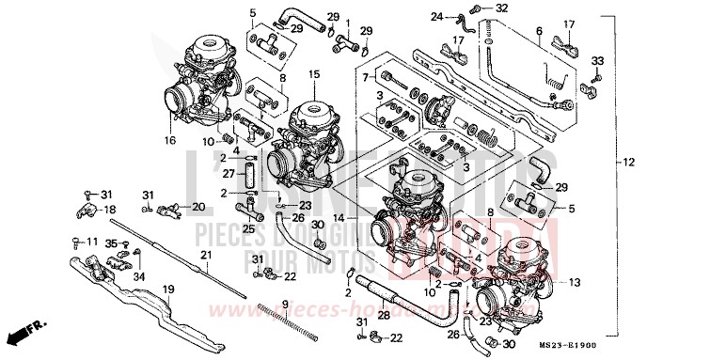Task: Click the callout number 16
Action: [x=171, y=140]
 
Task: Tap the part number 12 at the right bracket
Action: [x=628, y=163]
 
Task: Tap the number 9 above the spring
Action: [x=284, y=303]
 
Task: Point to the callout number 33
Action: [x=595, y=61]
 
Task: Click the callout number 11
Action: [x=92, y=243]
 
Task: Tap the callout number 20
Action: [x=198, y=207]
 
